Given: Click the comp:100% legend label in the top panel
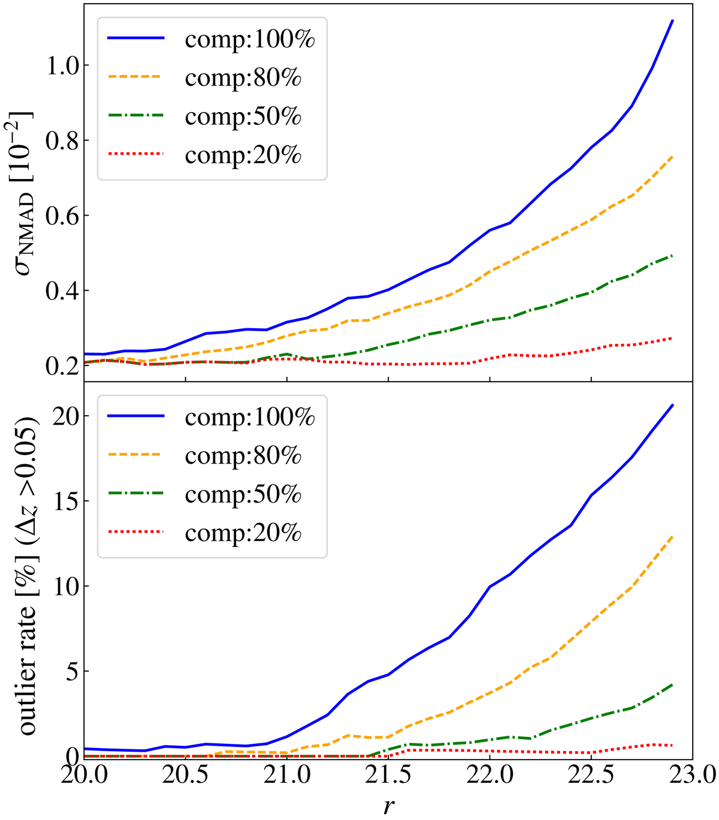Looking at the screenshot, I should tap(250, 40).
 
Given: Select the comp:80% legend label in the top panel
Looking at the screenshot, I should tap(243, 78).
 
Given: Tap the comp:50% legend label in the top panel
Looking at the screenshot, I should tap(243, 117).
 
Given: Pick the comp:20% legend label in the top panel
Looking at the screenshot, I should tap(243, 156).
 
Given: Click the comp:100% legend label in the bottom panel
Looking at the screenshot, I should tap(250, 417).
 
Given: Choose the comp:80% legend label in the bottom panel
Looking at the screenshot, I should tap(243, 456).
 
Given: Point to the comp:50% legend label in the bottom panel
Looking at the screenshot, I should tap(243, 495).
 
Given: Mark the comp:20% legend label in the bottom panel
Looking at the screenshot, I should tap(243, 534).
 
